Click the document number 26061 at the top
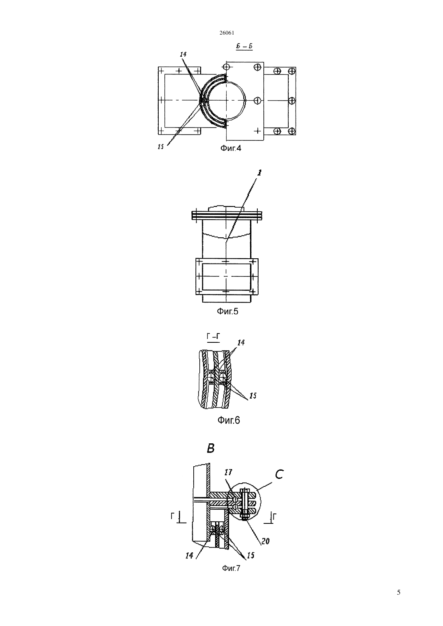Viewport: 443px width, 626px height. (227, 33)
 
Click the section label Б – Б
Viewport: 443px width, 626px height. (244, 46)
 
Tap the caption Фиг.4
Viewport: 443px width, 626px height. (231, 148)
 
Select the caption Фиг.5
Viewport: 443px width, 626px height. (228, 311)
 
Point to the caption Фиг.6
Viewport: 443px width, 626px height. (229, 420)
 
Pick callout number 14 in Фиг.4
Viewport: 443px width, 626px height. (183, 54)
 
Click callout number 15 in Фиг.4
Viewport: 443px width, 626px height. (161, 146)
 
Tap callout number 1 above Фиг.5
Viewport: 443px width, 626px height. (259, 173)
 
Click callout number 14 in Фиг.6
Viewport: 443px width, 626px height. (241, 342)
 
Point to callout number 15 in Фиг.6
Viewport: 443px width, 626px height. (253, 396)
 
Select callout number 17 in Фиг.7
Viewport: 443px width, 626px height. (228, 472)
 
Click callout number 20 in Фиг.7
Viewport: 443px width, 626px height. (265, 541)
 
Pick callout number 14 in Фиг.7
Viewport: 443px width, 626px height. (189, 556)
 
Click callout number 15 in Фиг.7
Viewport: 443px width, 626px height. (250, 556)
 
